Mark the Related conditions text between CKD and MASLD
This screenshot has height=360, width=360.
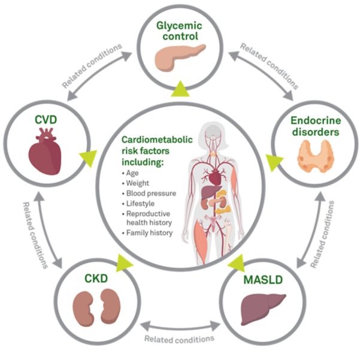(179, 339)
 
